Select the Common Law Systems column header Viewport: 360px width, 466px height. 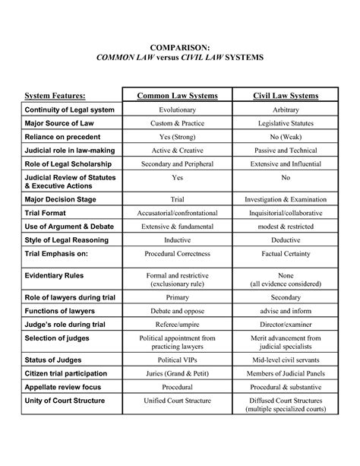(177, 96)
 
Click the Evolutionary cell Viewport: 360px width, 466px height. (177, 111)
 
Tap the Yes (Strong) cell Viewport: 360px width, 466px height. (177, 138)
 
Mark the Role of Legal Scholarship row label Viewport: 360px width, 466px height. (71, 165)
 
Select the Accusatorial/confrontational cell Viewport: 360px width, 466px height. (177, 213)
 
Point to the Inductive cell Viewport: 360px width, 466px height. (177, 240)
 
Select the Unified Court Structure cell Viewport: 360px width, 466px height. (177, 401)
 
